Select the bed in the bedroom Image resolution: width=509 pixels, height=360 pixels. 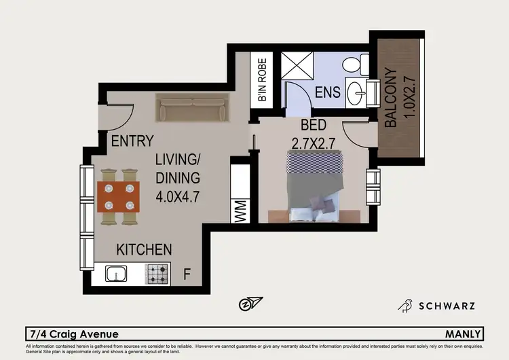[x=313, y=186]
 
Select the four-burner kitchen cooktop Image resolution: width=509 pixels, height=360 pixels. [x=159, y=274]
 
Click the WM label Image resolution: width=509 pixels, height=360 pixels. [x=240, y=211]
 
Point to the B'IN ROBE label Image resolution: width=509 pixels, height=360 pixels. [x=262, y=80]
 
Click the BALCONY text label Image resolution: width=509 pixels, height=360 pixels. [x=391, y=98]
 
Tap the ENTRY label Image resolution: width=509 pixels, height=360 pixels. [x=132, y=142]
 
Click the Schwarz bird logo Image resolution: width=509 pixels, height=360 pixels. [x=407, y=305]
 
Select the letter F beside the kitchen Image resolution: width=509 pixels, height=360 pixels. [x=187, y=275]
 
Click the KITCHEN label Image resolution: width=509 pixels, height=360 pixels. [x=144, y=249]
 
